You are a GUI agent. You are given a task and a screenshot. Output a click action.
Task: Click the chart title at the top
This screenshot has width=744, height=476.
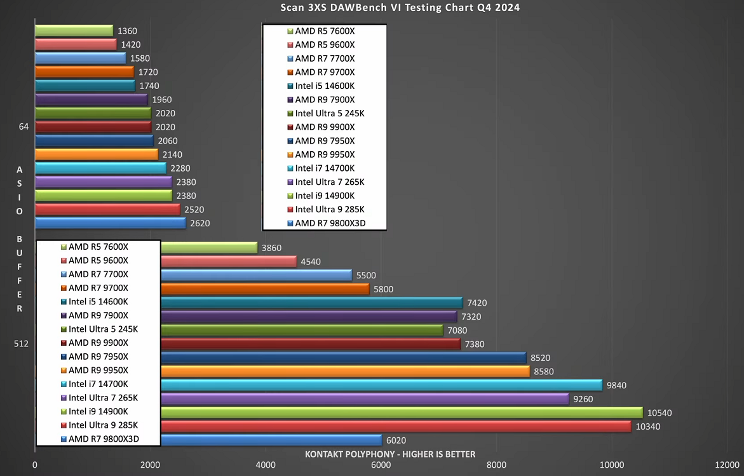click(x=400, y=8)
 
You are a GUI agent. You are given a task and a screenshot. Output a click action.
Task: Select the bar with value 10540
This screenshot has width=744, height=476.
click(x=402, y=412)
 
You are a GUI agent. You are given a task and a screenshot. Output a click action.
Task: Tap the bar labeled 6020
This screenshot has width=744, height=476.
click(x=271, y=440)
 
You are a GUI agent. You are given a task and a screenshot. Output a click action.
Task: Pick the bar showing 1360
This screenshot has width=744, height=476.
click(x=74, y=31)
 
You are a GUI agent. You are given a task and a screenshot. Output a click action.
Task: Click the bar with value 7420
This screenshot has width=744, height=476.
click(x=311, y=303)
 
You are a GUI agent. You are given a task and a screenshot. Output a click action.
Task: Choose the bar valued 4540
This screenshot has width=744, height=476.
click(x=229, y=261)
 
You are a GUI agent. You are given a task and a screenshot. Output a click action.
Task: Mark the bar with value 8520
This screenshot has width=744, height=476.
click(x=343, y=358)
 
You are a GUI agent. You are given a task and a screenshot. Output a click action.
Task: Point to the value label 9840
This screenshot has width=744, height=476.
click(x=616, y=385)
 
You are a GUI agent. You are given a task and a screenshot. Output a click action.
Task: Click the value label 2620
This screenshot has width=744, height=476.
click(x=200, y=223)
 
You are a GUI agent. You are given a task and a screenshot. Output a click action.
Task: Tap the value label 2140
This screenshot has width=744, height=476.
click(x=172, y=154)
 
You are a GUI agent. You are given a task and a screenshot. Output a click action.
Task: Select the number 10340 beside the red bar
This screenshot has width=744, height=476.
click(x=647, y=426)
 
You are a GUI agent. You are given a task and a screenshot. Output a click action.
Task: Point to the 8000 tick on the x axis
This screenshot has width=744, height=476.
click(x=496, y=465)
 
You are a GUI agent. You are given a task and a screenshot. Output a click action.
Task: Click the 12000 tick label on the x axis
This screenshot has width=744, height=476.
click(x=727, y=465)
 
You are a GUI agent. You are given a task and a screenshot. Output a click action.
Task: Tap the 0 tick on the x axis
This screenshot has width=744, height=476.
click(x=35, y=465)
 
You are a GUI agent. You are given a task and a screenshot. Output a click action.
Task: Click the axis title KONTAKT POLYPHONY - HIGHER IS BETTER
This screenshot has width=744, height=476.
click(x=390, y=454)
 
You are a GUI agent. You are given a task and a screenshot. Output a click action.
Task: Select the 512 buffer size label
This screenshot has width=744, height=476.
click(x=22, y=344)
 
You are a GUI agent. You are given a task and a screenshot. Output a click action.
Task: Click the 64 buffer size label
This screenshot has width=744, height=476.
click(x=24, y=127)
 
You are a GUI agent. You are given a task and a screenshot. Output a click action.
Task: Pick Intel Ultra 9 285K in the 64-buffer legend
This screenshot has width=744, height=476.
click(x=330, y=210)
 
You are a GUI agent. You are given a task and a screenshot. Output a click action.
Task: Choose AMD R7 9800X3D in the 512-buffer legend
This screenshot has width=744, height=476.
click(x=104, y=439)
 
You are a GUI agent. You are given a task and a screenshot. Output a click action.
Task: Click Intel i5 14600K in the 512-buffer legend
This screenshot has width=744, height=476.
click(x=98, y=302)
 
